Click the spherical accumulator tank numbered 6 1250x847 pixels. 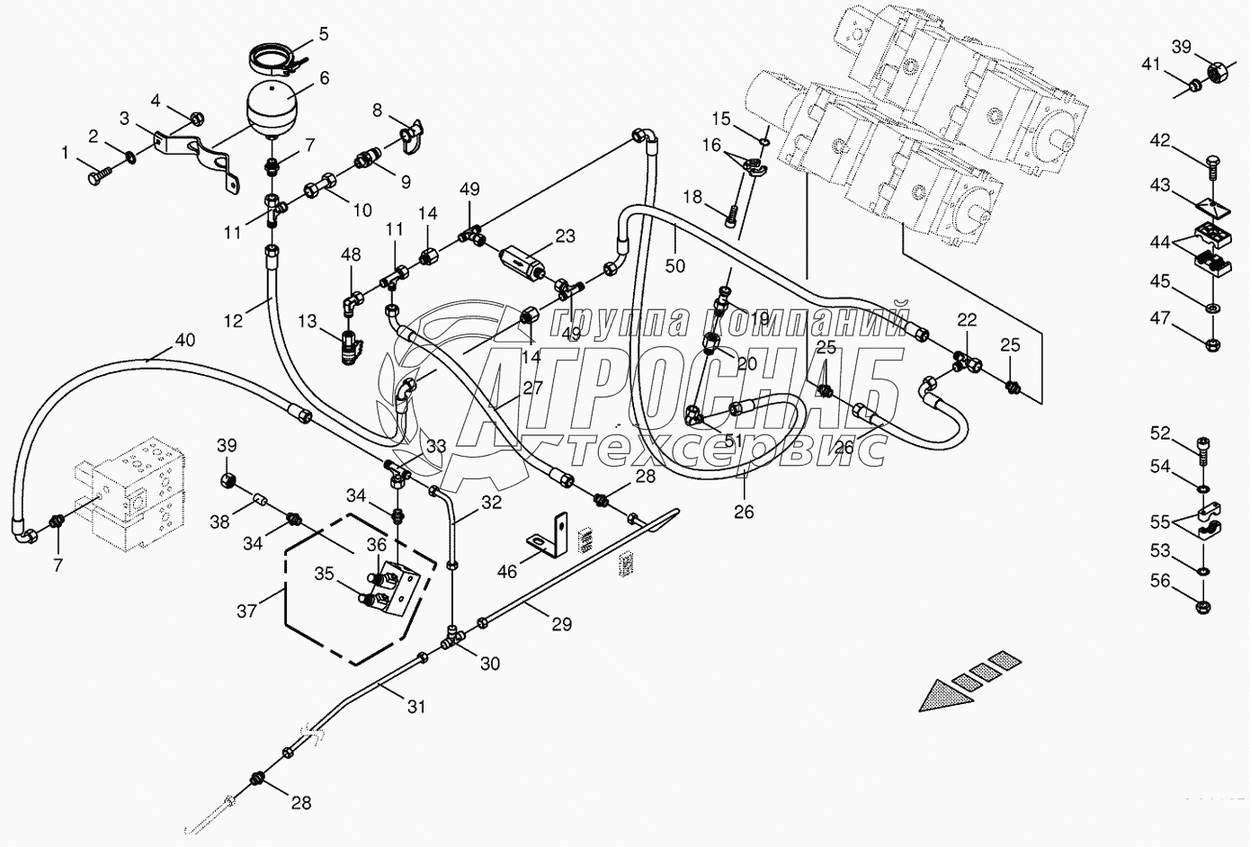272,106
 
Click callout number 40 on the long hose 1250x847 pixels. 183,341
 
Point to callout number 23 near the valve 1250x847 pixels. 564,237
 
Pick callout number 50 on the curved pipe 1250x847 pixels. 674,265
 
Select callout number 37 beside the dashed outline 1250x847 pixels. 246,611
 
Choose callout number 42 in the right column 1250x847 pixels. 1160,140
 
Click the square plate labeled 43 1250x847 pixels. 1210,207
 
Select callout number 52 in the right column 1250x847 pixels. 1160,433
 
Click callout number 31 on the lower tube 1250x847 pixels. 415,707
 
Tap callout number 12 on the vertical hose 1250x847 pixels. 234,319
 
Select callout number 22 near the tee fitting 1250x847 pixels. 966,319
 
